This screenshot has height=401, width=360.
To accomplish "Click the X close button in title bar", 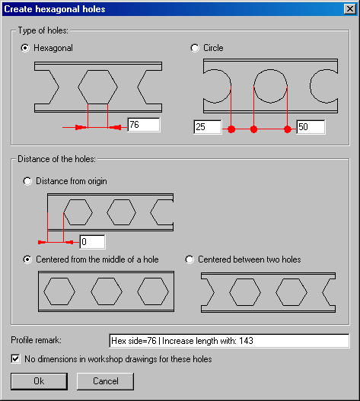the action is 350,9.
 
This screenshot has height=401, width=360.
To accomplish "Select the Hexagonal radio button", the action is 25,48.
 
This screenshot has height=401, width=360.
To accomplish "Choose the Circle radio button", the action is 195,48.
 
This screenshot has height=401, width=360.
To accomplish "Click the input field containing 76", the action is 144,125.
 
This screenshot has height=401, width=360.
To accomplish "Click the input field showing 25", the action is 208,127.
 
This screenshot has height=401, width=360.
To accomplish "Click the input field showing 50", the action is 311,127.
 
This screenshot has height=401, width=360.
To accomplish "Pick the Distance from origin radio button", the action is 27,181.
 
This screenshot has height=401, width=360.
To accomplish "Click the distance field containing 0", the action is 92,242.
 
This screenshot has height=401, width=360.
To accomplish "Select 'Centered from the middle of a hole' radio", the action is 27,259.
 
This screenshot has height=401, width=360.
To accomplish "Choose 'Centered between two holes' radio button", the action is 190,259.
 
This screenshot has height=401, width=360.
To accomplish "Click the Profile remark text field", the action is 229,341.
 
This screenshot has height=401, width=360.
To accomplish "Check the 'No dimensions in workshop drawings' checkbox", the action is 15,358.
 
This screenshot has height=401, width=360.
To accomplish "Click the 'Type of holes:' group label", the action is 43,30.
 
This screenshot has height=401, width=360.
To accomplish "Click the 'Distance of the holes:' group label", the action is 56,159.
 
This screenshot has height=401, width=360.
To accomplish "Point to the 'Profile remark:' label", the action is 36,340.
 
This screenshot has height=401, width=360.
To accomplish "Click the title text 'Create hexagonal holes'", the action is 55,9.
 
